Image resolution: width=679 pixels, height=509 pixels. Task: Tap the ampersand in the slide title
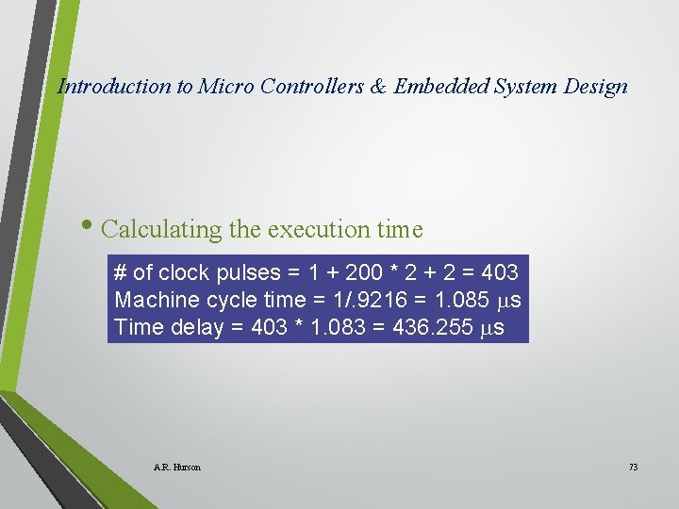point(377,87)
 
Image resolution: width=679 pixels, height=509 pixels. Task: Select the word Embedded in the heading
point(439,87)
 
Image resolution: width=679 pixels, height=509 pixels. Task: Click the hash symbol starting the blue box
point(120,273)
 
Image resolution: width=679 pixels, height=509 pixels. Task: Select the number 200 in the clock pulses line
point(366,273)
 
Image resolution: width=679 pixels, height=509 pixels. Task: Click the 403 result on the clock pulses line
point(499,273)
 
